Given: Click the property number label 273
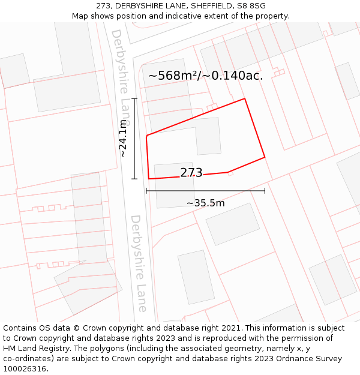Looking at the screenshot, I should [191, 173].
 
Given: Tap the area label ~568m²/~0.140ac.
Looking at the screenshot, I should [205, 76].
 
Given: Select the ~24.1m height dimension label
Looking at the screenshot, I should [122, 139].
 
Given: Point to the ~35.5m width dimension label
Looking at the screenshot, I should [205, 203].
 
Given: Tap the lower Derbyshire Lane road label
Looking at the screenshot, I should [139, 263].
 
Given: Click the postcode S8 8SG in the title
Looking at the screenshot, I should [256, 5].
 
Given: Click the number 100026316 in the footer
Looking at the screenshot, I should [25, 369].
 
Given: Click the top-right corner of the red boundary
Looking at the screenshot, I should [244, 98].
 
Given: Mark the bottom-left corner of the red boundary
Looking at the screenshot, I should [149, 179].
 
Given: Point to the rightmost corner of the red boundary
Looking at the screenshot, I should [265, 158].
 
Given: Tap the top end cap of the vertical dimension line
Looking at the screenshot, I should [134, 99].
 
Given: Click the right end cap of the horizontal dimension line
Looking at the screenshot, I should [265, 191].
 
